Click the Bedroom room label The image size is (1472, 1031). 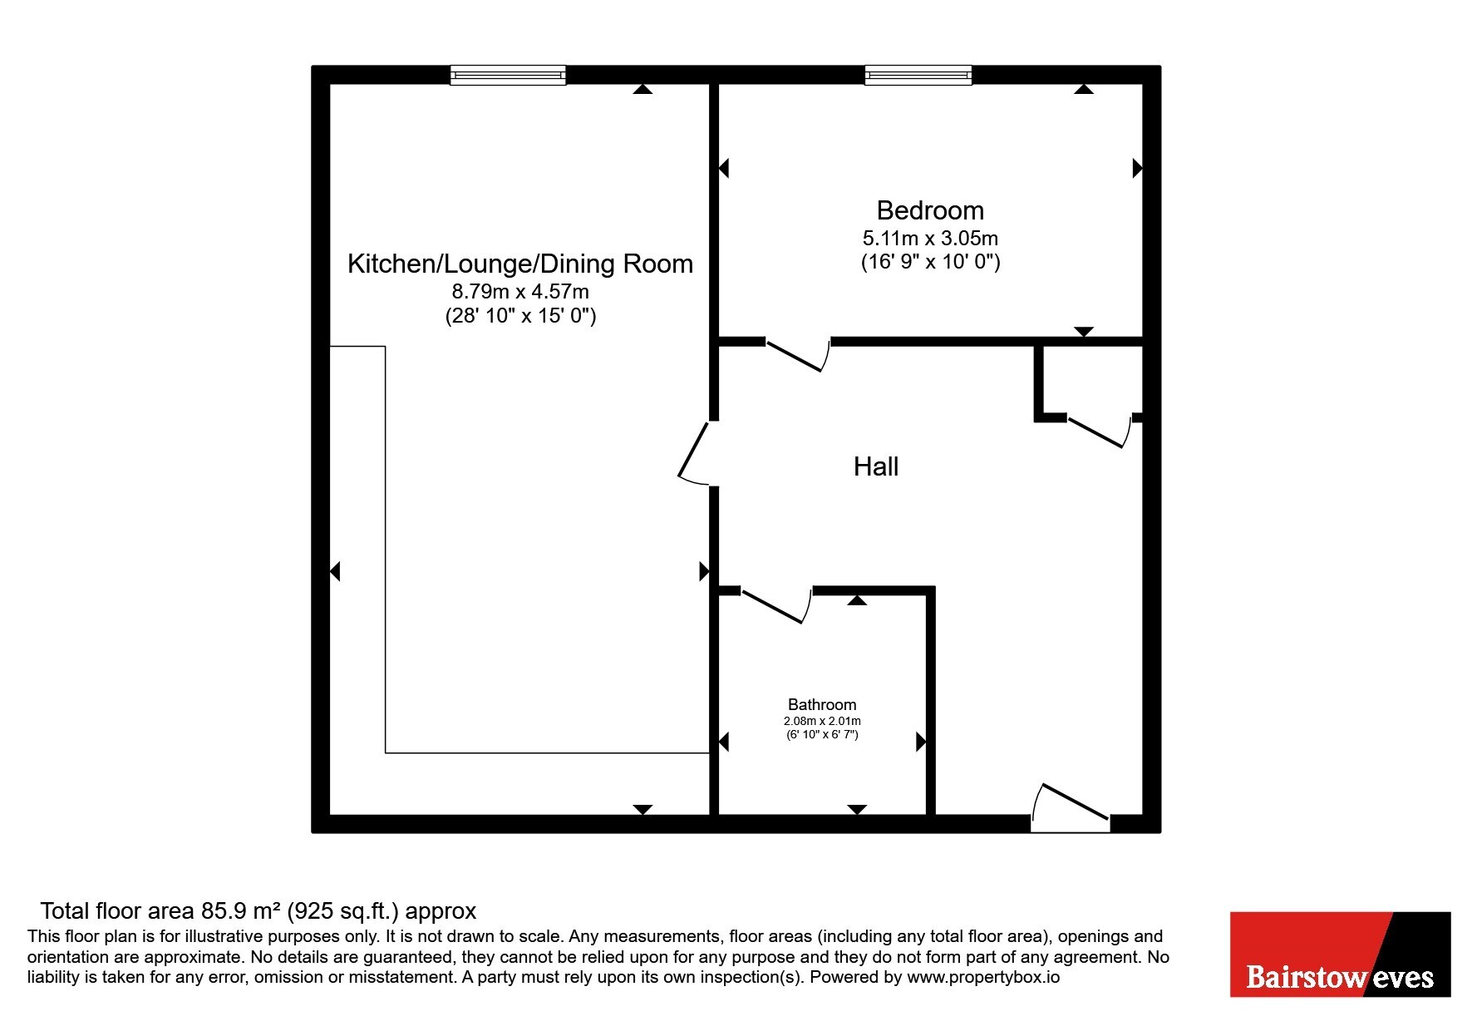pos(930,210)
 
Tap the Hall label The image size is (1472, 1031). pos(876,466)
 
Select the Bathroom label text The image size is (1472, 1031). pos(822,704)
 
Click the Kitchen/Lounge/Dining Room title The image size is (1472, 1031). pos(520,264)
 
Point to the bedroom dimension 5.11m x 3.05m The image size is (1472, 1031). pos(930,238)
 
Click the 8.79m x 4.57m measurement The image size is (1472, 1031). pos(520,292)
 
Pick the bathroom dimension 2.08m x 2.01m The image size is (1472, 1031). pos(822,721)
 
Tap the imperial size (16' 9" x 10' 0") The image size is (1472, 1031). pos(930,262)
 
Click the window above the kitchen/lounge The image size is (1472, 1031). pos(508,76)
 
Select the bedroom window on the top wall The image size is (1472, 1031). pos(918,76)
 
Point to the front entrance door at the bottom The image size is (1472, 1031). pos(1071,807)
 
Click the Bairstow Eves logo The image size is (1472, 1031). pos(1340,955)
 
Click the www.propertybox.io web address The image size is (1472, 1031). pos(983,977)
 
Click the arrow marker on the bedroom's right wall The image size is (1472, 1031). pos(1138,168)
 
